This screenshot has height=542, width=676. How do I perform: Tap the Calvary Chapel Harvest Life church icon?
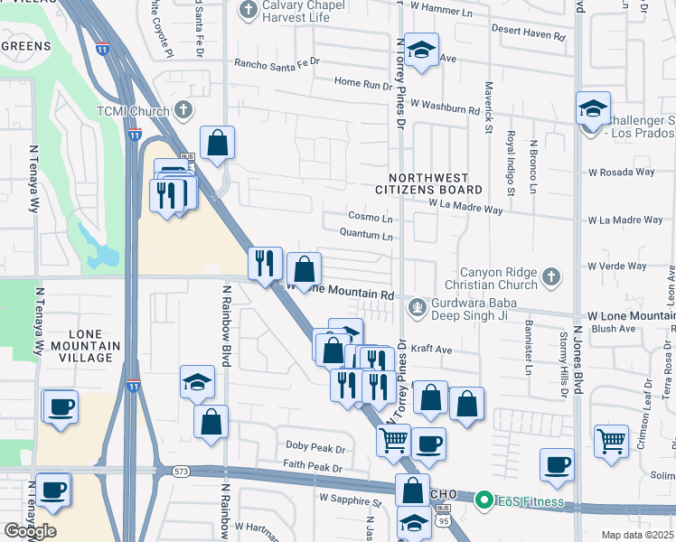(x=247, y=10)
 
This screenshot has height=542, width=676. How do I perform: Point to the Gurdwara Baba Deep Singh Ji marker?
(x=417, y=307)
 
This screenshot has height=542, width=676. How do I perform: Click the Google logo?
(x=30, y=531)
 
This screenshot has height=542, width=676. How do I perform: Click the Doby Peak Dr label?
(x=315, y=448)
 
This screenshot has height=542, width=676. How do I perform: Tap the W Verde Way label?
(x=617, y=266)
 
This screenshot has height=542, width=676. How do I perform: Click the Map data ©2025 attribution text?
(x=637, y=535)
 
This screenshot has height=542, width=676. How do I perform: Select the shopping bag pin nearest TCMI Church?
(x=217, y=143)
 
